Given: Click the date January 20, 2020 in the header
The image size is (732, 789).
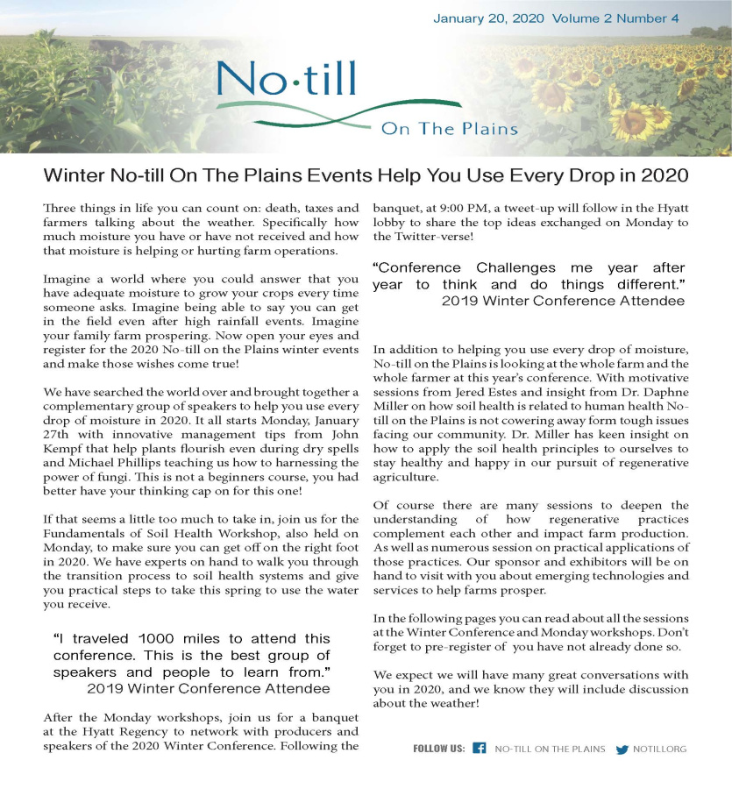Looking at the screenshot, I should pyautogui.click(x=488, y=18).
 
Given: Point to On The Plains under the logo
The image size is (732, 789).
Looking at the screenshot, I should pyautogui.click(x=449, y=129).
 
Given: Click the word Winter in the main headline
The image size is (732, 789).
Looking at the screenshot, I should pyautogui.click(x=72, y=174).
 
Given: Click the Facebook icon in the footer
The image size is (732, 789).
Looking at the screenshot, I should pyautogui.click(x=480, y=749).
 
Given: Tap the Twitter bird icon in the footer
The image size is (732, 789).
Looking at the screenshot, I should pyautogui.click(x=622, y=750).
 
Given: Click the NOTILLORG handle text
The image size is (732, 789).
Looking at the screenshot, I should pyautogui.click(x=660, y=750).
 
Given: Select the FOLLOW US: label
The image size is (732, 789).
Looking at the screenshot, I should pyautogui.click(x=439, y=750).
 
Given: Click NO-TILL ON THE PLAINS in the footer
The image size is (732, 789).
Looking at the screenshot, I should pyautogui.click(x=550, y=750).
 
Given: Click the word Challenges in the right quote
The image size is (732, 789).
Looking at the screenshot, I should pyautogui.click(x=516, y=267).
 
